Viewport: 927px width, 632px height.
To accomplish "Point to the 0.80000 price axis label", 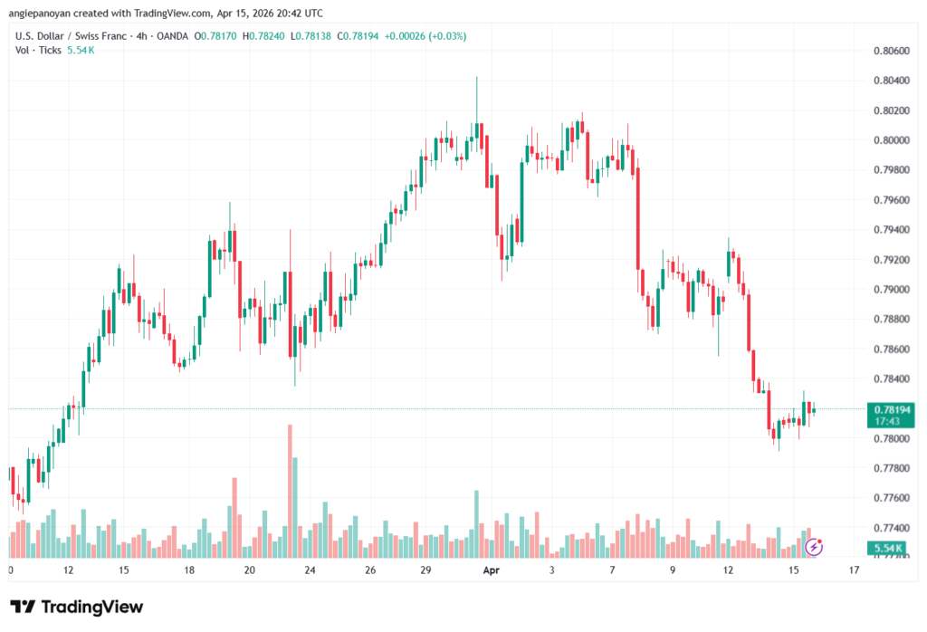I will click(x=892, y=140).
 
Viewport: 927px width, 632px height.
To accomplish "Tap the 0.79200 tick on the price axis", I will click(x=892, y=260).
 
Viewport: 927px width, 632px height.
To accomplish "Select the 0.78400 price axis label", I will click(x=892, y=378).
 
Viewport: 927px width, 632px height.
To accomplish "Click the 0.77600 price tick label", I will click(x=892, y=498).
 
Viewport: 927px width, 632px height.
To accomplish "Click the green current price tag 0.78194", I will click(x=893, y=410).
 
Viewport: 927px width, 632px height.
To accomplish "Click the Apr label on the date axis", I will click(x=492, y=571).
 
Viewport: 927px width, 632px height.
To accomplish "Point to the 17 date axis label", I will click(x=854, y=571).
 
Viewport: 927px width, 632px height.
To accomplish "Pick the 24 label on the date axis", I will click(x=311, y=571).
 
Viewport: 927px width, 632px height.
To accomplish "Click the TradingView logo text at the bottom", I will click(x=91, y=607).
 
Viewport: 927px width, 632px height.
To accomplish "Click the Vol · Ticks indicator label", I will click(x=39, y=50).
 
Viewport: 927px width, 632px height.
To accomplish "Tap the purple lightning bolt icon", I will click(x=814, y=546).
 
